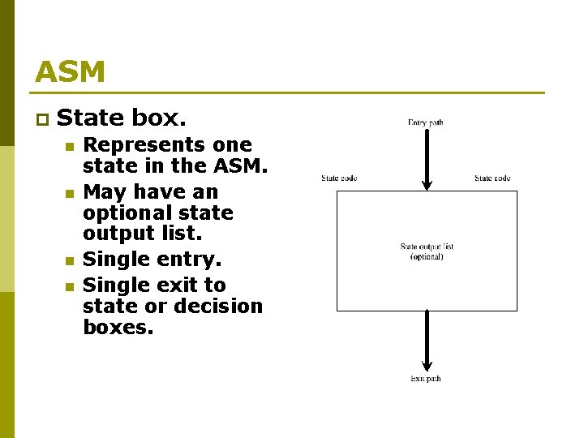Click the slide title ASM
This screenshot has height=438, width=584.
pyautogui.click(x=70, y=72)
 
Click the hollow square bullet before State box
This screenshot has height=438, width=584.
pyautogui.click(x=41, y=120)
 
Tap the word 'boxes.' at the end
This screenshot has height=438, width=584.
pyautogui.click(x=118, y=328)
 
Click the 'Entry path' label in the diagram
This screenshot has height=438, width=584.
pyautogui.click(x=426, y=122)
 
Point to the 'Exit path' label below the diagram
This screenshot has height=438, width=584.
pyautogui.click(x=426, y=379)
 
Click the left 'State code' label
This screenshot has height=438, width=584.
pyautogui.click(x=339, y=178)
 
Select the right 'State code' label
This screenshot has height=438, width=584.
pyautogui.click(x=492, y=178)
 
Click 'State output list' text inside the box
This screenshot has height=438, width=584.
pyautogui.click(x=427, y=247)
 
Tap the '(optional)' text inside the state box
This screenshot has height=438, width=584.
pyautogui.click(x=427, y=256)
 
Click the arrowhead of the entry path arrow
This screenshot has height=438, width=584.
pyautogui.click(x=427, y=184)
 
